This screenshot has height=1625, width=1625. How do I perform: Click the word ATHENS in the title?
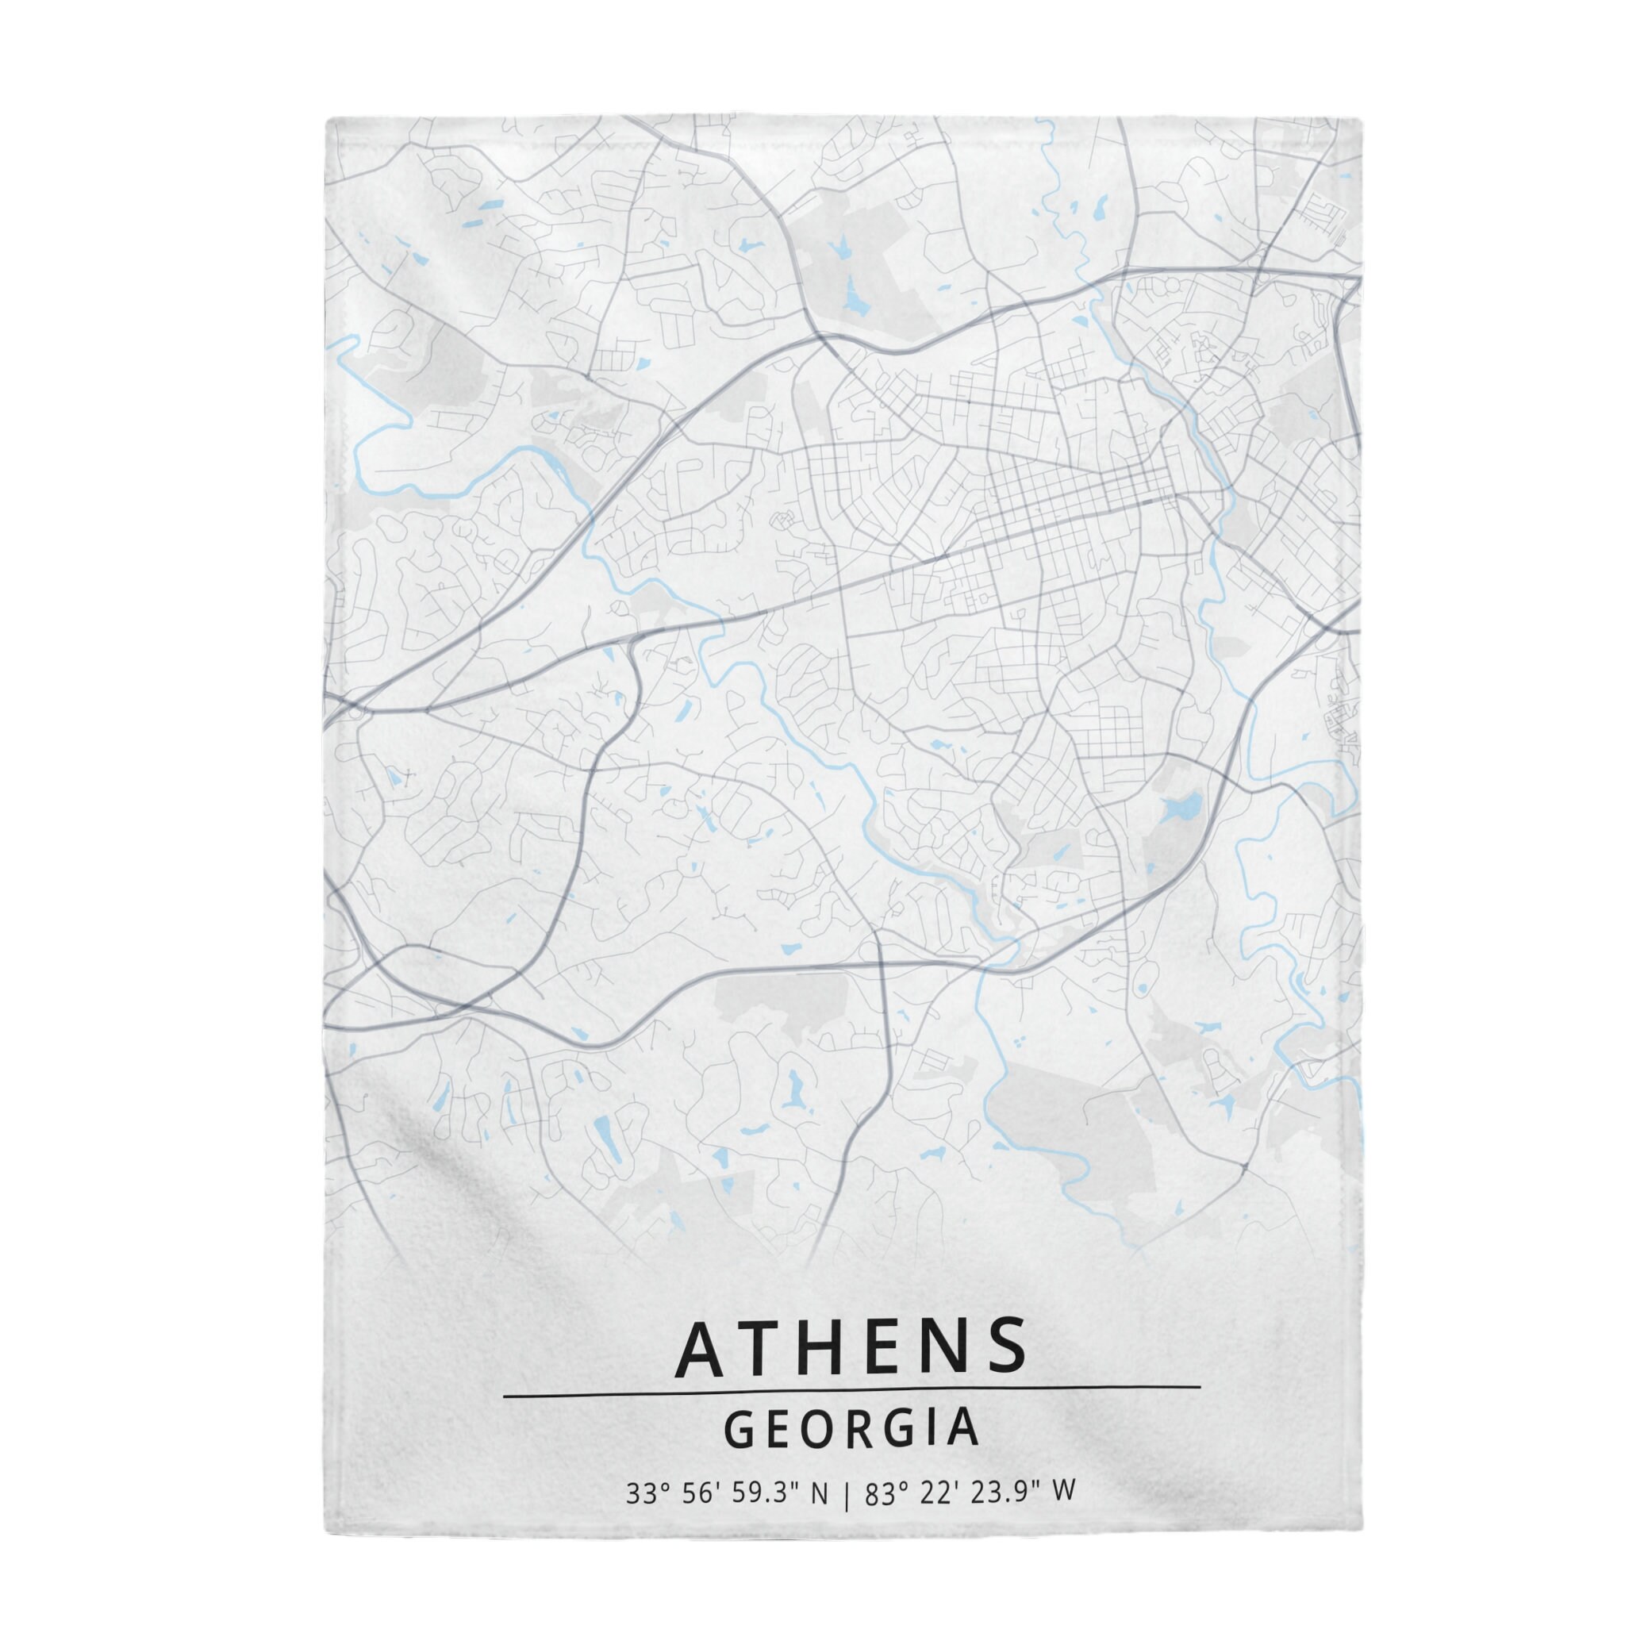coord(851,1346)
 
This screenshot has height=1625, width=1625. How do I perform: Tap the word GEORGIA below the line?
coord(851,1431)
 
